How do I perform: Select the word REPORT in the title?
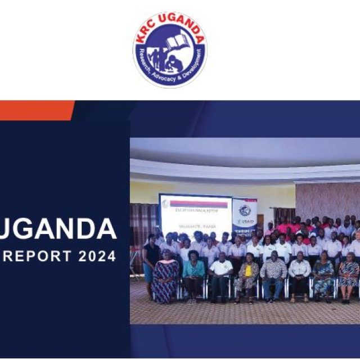(35, 256)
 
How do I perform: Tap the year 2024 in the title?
(97, 256)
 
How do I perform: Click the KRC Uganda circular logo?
(169, 49)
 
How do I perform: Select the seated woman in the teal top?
(193, 274)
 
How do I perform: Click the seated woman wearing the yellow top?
(248, 276)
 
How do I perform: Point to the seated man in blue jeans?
(274, 276)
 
